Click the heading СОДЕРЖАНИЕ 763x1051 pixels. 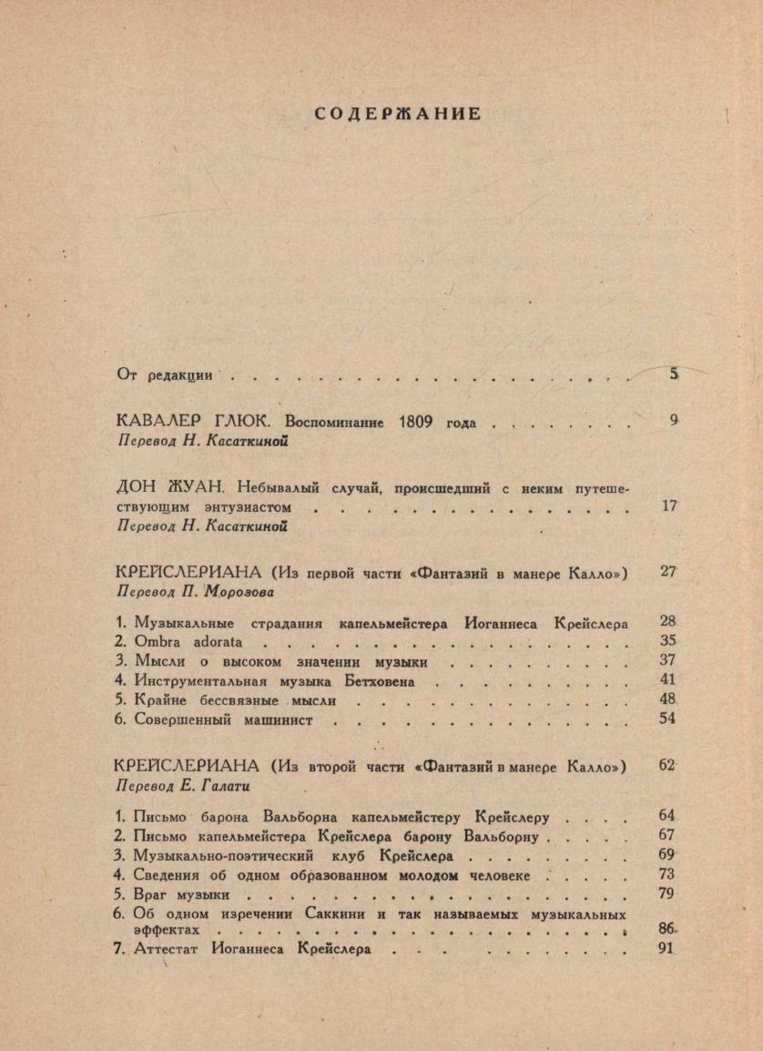coord(397,114)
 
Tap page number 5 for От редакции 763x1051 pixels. coord(675,372)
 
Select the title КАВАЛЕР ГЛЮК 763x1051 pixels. coord(198,422)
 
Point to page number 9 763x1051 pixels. coord(674,421)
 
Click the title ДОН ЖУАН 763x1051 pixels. coord(171,487)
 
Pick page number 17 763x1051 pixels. coord(669,505)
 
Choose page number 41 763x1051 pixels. coord(667,679)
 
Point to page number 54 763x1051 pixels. coord(667,719)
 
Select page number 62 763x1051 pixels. coord(667,765)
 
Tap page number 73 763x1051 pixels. coord(666,874)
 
